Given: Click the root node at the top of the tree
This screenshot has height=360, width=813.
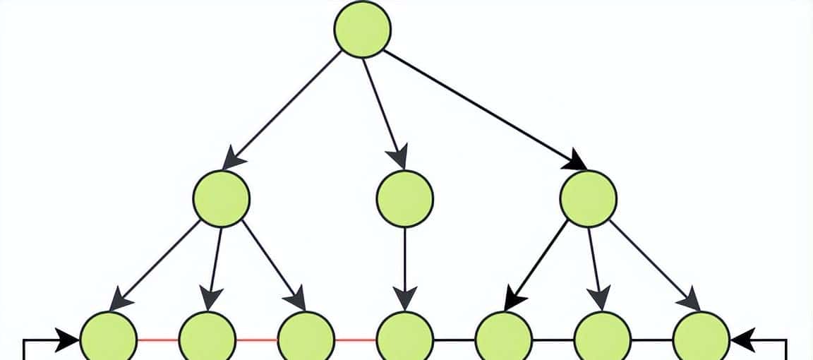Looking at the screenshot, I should [362, 29].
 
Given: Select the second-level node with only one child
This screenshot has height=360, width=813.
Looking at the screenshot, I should [404, 198].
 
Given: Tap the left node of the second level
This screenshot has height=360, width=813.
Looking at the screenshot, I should [221, 198].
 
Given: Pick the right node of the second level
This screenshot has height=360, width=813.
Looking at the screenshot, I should [588, 198].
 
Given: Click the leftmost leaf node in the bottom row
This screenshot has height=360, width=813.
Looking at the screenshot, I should [108, 340].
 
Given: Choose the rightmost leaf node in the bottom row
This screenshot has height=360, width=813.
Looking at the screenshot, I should [701, 340].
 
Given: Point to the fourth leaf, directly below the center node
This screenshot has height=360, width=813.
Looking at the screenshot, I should [404, 340].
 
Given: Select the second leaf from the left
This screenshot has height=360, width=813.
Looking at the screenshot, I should [207, 340].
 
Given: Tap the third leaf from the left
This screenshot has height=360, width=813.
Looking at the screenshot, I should [306, 340].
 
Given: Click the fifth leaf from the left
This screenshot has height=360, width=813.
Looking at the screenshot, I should [503, 340].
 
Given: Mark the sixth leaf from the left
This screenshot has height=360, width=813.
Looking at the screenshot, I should [602, 340].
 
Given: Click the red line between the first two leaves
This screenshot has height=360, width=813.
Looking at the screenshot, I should [157, 340].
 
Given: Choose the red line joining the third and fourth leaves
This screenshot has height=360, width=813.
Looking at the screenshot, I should [355, 340].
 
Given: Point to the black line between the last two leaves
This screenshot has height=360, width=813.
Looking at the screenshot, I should [651, 340].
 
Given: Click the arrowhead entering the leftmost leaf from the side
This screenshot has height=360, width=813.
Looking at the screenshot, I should [68, 340].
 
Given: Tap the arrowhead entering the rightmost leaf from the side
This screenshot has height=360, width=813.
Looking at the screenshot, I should [742, 340].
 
